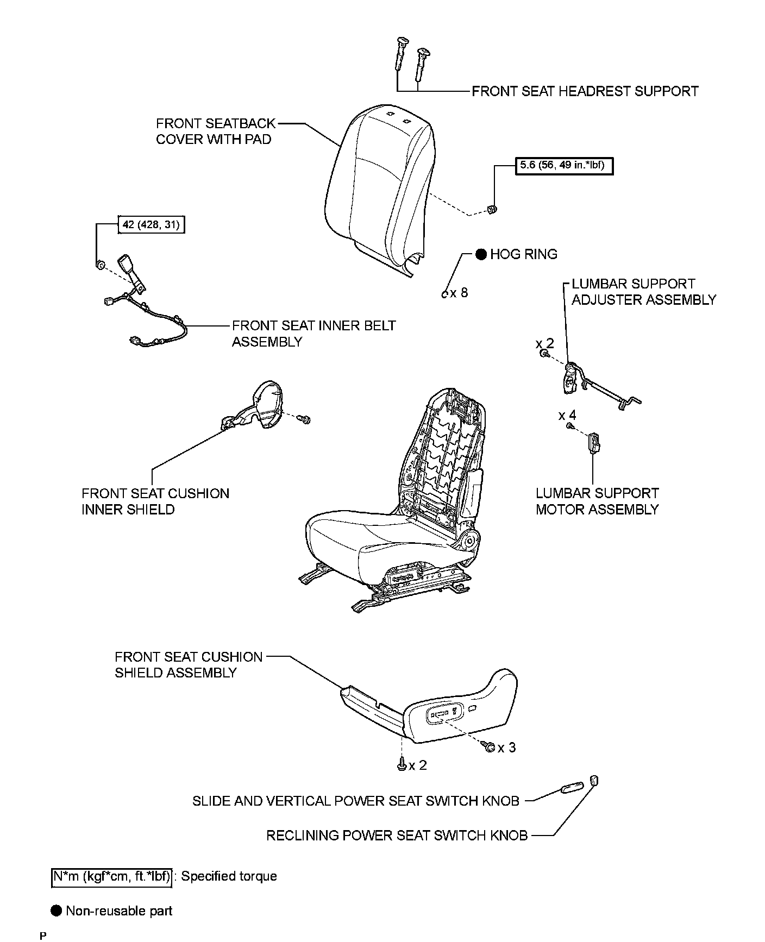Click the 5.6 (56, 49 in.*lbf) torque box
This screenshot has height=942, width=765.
click(x=564, y=165)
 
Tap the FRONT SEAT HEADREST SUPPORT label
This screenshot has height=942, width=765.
click(x=585, y=91)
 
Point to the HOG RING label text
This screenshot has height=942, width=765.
click(x=523, y=254)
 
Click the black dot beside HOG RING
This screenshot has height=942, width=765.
click(x=481, y=254)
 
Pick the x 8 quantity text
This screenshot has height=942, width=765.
click(x=459, y=293)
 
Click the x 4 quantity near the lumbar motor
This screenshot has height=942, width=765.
click(x=567, y=416)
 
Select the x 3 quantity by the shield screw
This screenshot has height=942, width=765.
click(x=506, y=748)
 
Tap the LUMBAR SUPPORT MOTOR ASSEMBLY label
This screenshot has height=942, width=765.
click(x=597, y=501)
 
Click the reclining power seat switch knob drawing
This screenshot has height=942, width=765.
click(x=594, y=781)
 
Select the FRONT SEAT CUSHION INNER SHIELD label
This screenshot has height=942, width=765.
click(x=155, y=501)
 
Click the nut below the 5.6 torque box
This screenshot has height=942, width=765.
click(x=493, y=209)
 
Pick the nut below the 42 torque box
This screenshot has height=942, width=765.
click(x=100, y=265)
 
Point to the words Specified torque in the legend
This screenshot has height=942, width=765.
click(x=229, y=876)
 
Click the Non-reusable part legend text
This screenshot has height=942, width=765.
click(x=118, y=910)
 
